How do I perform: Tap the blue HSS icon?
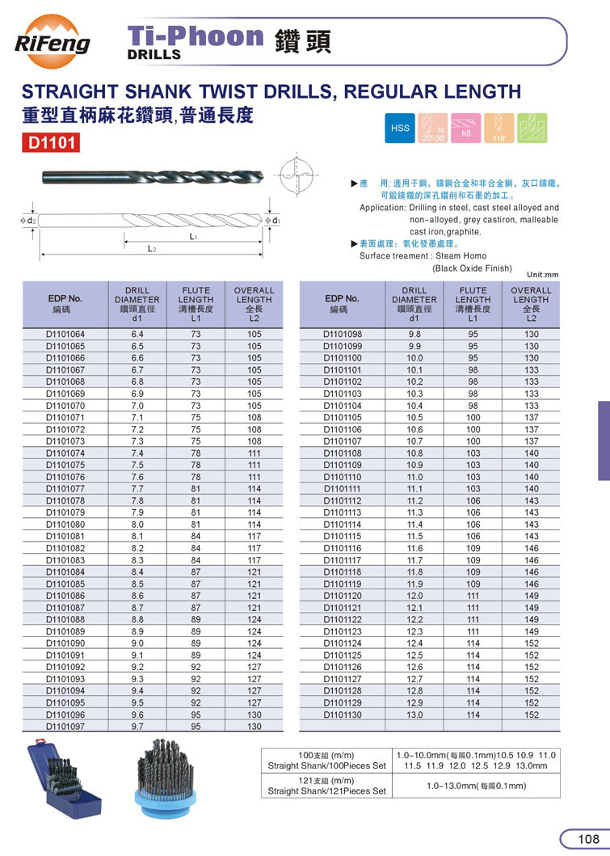[400, 128]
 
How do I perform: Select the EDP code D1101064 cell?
[68, 334]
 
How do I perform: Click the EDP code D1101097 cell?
[68, 727]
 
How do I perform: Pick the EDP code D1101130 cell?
[343, 715]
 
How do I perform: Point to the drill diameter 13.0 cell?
[414, 715]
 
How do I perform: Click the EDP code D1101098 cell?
[343, 334]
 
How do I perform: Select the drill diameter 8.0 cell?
[137, 525]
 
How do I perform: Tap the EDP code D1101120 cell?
[343, 596]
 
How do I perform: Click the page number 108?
[587, 839]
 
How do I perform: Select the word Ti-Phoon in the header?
[197, 36]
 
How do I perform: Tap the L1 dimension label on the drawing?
[194, 237]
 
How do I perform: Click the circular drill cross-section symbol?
[292, 177]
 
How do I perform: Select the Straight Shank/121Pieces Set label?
[326, 791]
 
